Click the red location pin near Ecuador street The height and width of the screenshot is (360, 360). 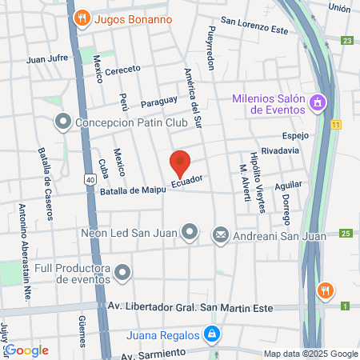(181, 164)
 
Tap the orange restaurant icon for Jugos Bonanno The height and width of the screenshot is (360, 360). (81, 18)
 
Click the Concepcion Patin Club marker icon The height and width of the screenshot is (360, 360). (62, 122)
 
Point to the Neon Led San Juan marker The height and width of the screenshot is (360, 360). (190, 233)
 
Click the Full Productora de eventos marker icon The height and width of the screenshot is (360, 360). (122, 274)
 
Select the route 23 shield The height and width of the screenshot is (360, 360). (346, 40)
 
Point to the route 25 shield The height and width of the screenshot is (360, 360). (346, 233)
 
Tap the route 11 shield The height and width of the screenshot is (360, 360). (337, 124)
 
